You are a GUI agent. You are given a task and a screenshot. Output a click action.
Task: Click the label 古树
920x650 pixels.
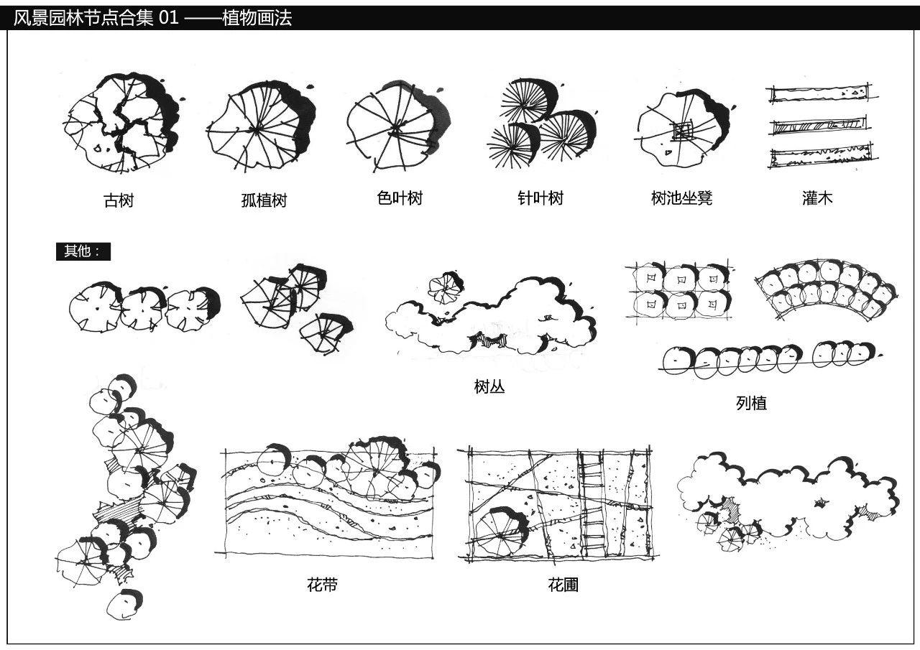coord(119,200)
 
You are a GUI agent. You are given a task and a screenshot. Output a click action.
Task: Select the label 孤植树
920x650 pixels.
coord(264,200)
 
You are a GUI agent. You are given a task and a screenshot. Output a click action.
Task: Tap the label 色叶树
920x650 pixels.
coord(400,198)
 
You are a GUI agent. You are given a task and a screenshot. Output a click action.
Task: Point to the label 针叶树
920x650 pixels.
coord(540,198)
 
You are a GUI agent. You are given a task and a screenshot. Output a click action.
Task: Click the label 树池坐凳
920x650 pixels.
coord(681,198)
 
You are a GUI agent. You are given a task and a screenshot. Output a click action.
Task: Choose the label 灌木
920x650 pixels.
coord(817,198)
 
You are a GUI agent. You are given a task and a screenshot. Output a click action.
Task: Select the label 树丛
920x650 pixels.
coord(489,386)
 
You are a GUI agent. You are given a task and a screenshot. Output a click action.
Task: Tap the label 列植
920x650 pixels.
coord(751,403)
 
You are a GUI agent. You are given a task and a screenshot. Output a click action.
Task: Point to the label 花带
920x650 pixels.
coord(322,585)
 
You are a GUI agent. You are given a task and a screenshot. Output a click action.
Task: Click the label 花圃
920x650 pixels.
coord(563,585)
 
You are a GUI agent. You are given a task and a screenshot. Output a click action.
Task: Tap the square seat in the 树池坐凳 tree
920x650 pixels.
coord(681,131)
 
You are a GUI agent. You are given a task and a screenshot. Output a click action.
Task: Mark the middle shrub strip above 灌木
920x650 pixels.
coord(818,126)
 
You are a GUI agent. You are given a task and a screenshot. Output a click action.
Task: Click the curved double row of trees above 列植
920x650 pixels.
coord(827,287)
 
